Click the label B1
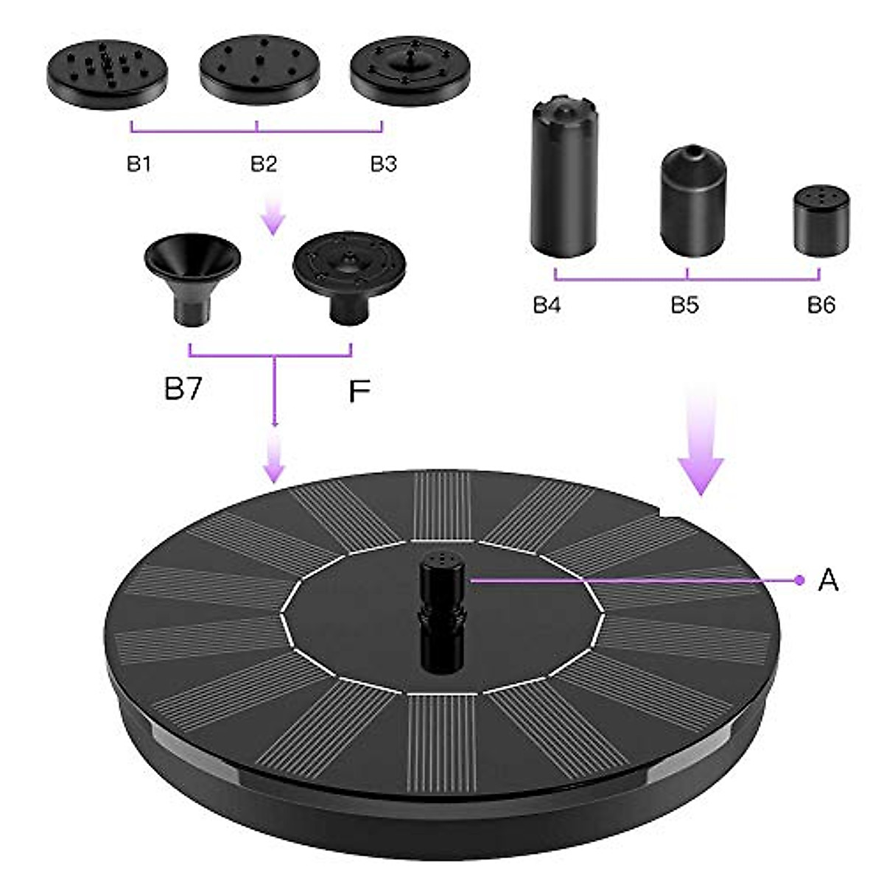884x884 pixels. pyautogui.click(x=138, y=164)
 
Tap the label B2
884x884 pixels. pyautogui.click(x=263, y=164)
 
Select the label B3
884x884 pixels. pyautogui.click(x=383, y=164)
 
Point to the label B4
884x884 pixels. pyautogui.click(x=547, y=305)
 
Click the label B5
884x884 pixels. pyautogui.click(x=684, y=305)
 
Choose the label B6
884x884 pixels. pyautogui.click(x=821, y=305)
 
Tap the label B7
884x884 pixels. pyautogui.click(x=183, y=388)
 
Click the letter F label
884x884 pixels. pyautogui.click(x=358, y=392)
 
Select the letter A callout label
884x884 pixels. pyautogui.click(x=829, y=580)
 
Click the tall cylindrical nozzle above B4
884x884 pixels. pyautogui.click(x=564, y=177)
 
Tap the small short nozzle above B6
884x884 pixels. pyautogui.click(x=822, y=221)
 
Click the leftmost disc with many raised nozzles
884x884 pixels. pyautogui.click(x=108, y=74)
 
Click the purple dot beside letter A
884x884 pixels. pyautogui.click(x=799, y=580)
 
